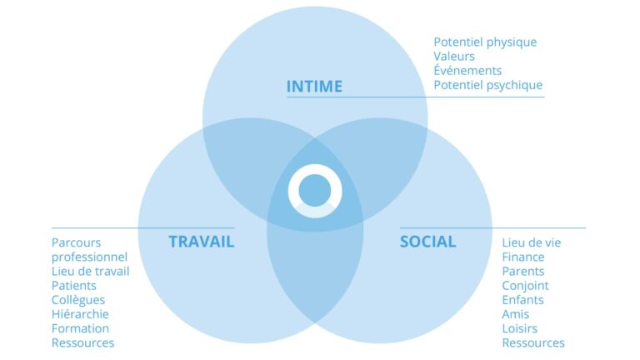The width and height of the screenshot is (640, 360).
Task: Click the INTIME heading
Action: (314, 87)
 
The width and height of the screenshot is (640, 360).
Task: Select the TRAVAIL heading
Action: (202, 242)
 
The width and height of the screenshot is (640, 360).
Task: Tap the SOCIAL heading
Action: (427, 242)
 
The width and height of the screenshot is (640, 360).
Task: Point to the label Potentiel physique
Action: (485, 42)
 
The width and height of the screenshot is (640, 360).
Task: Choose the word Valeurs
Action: (454, 57)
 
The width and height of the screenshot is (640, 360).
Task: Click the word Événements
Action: (467, 70)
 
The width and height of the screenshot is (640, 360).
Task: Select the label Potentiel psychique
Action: (487, 85)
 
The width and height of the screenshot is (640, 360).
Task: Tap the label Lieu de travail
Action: (90, 272)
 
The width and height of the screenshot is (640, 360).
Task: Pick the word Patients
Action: (74, 286)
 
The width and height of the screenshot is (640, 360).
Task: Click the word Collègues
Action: (78, 300)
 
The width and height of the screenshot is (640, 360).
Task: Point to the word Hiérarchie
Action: (80, 314)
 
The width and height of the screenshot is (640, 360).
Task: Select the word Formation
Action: (80, 328)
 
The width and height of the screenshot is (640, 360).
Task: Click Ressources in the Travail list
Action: (82, 342)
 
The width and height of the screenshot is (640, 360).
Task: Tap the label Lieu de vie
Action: (532, 242)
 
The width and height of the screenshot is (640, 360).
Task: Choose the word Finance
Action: (522, 257)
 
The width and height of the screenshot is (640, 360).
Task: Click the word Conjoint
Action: (525, 286)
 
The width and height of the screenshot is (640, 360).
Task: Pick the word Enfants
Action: (522, 300)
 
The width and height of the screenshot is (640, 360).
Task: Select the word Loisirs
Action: (520, 328)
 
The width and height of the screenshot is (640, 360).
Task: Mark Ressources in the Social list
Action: (533, 342)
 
